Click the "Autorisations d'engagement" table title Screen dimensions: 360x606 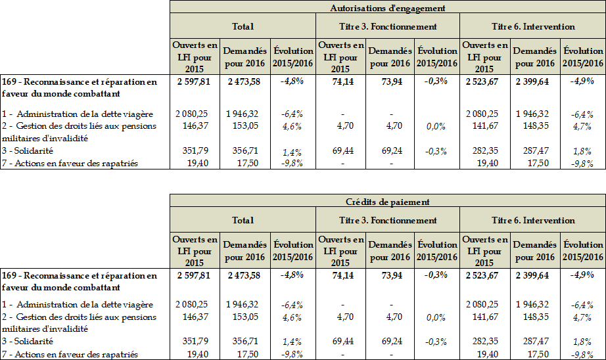point(387,8)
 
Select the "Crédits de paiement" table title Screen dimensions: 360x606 point(387,202)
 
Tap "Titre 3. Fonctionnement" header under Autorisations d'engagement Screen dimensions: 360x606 point(387,26)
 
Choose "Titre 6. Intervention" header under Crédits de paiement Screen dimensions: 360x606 point(533,220)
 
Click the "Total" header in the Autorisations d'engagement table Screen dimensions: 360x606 point(243,26)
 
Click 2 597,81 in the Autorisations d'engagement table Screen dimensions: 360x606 point(194,81)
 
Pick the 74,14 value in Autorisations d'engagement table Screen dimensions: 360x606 point(340,81)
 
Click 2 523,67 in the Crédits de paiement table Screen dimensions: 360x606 point(485,275)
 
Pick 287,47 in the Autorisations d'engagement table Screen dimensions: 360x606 point(536,150)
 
